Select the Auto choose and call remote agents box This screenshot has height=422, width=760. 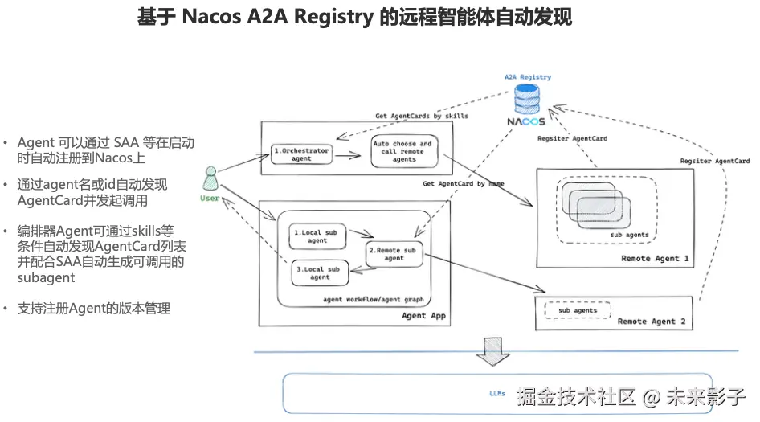pos(404,152)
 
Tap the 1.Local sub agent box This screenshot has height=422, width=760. pos(317,236)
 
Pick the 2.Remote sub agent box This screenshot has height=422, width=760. pos(394,254)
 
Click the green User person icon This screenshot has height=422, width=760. pos(210,178)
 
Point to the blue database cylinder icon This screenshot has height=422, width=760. pos(527,100)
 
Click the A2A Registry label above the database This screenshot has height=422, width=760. pos(528,77)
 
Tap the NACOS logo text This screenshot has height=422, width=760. pos(526,122)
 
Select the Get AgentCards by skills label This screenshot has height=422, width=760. pos(422,116)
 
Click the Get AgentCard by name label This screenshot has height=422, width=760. pos(464,184)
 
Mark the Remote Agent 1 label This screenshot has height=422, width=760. pos(655,259)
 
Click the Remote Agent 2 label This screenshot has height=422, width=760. pos(652,322)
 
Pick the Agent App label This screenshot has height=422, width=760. pos(423,316)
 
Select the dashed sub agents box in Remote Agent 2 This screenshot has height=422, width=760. pos(577,310)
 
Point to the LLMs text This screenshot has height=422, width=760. pos(497,394)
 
